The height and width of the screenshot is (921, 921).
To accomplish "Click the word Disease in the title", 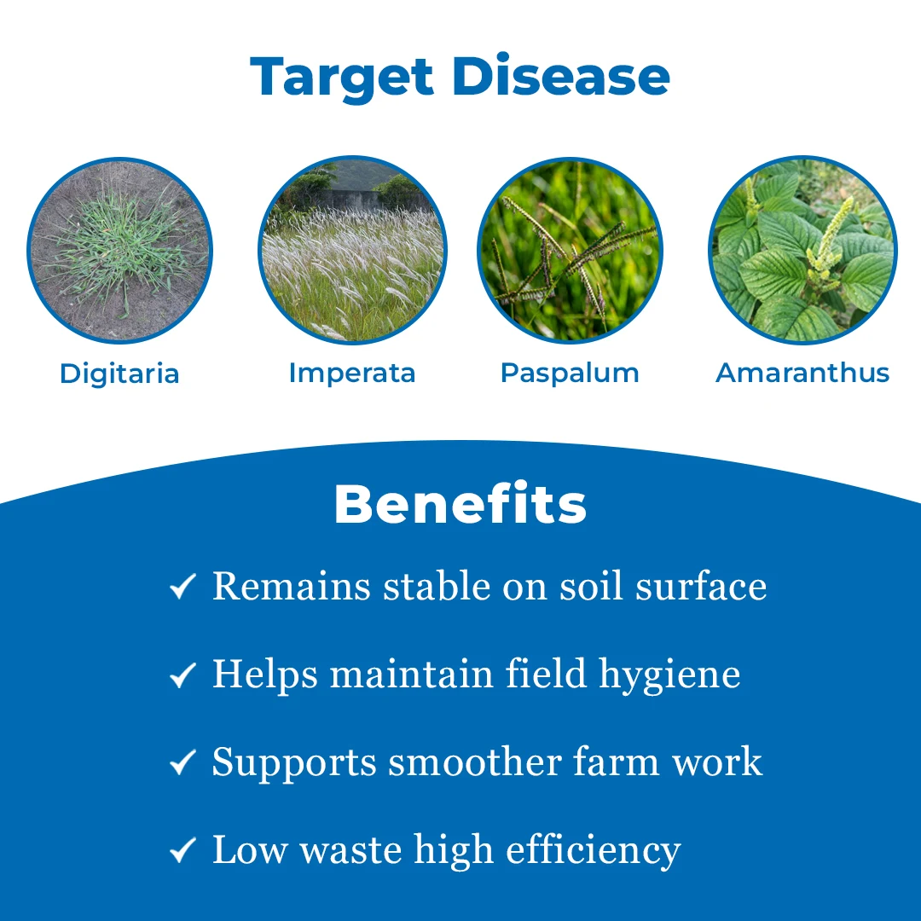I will pyautogui.click(x=561, y=77).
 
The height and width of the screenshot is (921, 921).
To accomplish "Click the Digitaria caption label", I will pyautogui.click(x=119, y=374).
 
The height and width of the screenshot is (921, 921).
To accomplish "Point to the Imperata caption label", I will pyautogui.click(x=351, y=373).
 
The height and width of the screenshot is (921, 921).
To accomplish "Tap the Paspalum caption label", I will pyautogui.click(x=570, y=374).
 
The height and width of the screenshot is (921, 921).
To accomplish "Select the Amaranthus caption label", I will pyautogui.click(x=802, y=373).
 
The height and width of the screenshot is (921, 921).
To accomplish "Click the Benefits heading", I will pyautogui.click(x=460, y=504).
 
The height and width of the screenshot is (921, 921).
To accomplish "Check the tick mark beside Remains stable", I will pyautogui.click(x=182, y=587).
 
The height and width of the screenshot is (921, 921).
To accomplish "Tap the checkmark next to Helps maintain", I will pyautogui.click(x=182, y=675).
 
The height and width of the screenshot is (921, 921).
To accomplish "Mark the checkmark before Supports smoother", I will pyautogui.click(x=182, y=763).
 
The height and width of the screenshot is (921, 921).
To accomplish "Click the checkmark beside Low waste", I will pyautogui.click(x=182, y=851).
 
